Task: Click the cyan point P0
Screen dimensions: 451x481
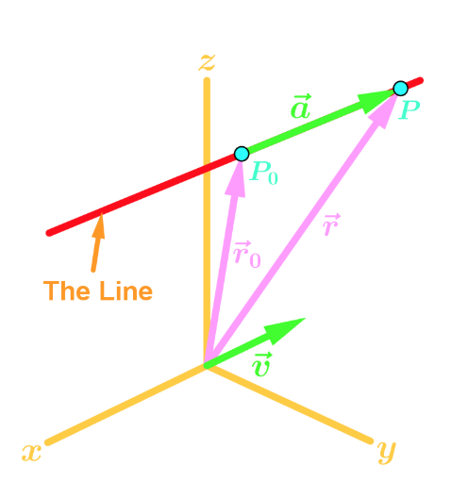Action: coord(242,154)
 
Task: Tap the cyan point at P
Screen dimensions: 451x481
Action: coord(400,89)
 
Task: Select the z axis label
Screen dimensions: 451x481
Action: coord(207,62)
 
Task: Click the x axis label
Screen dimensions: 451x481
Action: coord(31,453)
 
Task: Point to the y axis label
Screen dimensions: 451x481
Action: coord(387,452)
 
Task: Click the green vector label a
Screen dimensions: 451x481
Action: coord(301,107)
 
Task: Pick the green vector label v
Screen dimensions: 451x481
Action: coord(261,365)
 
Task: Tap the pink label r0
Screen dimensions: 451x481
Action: coord(247,255)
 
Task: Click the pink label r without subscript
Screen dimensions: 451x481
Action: coord(331,224)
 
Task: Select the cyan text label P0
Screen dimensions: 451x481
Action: coord(263,173)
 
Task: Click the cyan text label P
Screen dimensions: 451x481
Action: coord(409,110)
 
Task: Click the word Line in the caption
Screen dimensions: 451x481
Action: coord(126,290)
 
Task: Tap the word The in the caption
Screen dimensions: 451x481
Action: coord(69,290)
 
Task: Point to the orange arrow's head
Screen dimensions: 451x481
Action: coord(99,225)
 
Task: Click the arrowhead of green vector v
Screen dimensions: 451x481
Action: coord(285,330)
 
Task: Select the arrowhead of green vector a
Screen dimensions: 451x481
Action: coord(375,101)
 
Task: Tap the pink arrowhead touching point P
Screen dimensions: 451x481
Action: coord(383,110)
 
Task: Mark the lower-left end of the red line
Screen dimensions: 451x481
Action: coord(49,233)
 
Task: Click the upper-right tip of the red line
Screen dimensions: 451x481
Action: coord(421,80)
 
